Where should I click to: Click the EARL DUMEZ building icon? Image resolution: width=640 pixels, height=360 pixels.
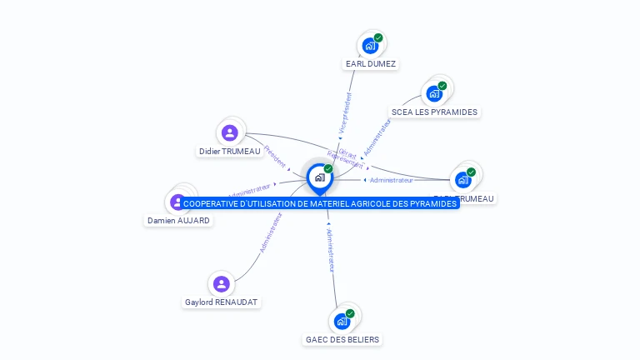pyautogui.click(x=369, y=46)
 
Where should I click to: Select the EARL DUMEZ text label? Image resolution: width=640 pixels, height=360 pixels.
pyautogui.click(x=371, y=64)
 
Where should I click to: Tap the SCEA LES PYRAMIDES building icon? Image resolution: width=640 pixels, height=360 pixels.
pyautogui.click(x=434, y=93)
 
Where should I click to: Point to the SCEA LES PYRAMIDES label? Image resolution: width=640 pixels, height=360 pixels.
pyautogui.click(x=435, y=112)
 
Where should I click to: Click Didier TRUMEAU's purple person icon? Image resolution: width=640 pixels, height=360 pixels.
pyautogui.click(x=230, y=132)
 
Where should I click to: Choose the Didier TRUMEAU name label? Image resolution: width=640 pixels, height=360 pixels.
pyautogui.click(x=230, y=152)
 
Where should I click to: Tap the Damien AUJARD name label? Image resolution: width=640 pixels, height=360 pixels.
pyautogui.click(x=179, y=221)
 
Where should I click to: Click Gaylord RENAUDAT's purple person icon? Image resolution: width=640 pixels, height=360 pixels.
pyautogui.click(x=221, y=284)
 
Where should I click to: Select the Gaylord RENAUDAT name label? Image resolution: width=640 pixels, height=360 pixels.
pyautogui.click(x=221, y=302)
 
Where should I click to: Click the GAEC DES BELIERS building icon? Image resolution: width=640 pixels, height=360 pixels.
pyautogui.click(x=341, y=321)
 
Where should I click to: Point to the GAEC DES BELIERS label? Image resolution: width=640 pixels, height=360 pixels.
pyautogui.click(x=342, y=340)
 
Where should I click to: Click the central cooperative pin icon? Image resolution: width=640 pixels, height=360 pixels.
pyautogui.click(x=319, y=177)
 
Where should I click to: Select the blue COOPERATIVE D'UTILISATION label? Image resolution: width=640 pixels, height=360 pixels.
pyautogui.click(x=320, y=203)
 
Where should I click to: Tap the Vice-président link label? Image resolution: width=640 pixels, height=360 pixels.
pyautogui.click(x=345, y=113)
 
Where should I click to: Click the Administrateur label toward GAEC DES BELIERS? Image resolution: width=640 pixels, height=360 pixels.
pyautogui.click(x=331, y=250)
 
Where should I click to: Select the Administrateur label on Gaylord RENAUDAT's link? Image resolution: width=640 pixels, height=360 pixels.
pyautogui.click(x=271, y=232)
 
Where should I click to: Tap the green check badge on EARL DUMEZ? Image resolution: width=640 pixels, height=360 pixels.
pyautogui.click(x=378, y=37)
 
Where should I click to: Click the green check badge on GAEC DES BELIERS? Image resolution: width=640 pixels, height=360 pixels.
pyautogui.click(x=350, y=313)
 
